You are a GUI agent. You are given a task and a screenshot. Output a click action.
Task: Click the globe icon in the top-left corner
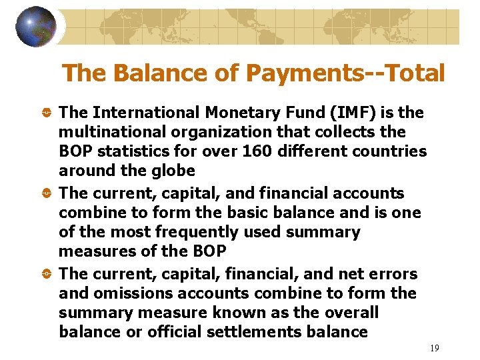click(36, 27)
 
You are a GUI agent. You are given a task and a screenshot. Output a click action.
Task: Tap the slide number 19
click(435, 348)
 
